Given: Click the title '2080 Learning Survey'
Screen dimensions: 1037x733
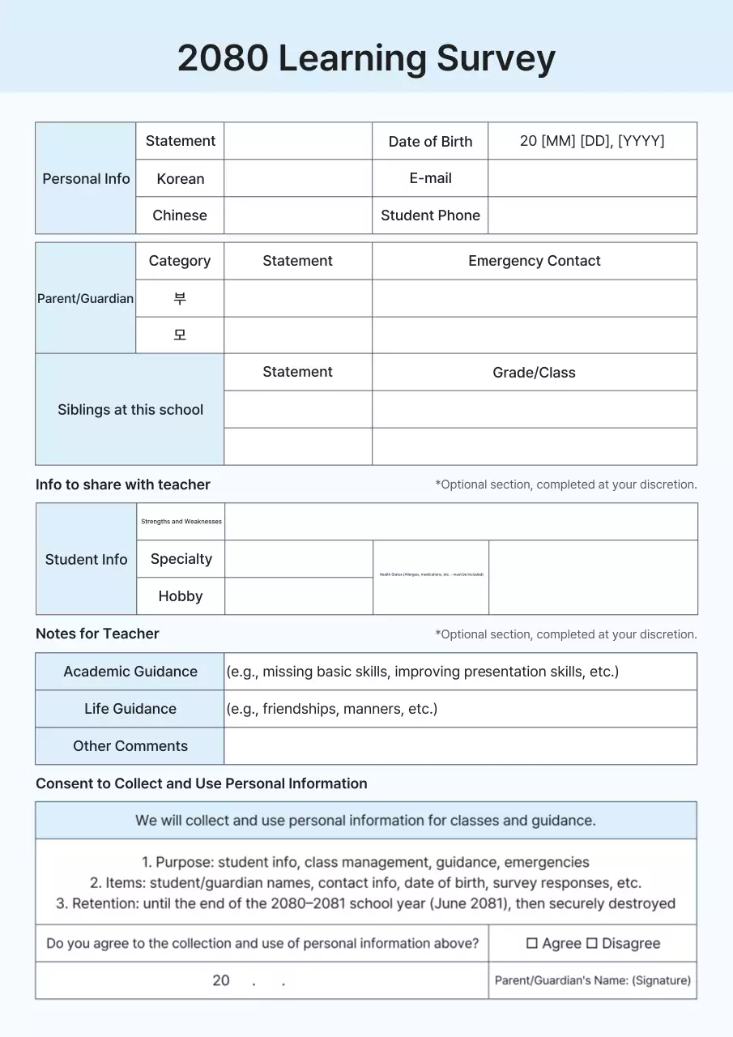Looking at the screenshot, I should pyautogui.click(x=366, y=58).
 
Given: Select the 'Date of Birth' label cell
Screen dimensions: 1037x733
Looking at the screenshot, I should pyautogui.click(x=430, y=141).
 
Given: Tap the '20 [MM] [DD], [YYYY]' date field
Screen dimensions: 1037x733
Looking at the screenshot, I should pyautogui.click(x=591, y=141).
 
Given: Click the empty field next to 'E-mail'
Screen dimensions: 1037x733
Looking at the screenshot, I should pyautogui.click(x=591, y=178).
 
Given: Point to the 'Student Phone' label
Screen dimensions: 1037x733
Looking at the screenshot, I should pyautogui.click(x=430, y=216).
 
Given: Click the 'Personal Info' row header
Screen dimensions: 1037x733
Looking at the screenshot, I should pyautogui.click(x=86, y=178).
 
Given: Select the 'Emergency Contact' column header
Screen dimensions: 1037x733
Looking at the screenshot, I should pyautogui.click(x=534, y=261).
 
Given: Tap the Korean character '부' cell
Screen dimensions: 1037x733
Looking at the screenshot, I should pyautogui.click(x=180, y=298).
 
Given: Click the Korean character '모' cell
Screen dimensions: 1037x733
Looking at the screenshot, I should pyautogui.click(x=180, y=335).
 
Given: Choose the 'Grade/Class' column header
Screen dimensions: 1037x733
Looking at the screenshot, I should pyautogui.click(x=534, y=373).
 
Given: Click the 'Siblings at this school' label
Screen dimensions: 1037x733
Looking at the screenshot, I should pyautogui.click(x=130, y=409).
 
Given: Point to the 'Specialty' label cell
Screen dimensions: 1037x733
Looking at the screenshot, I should pyautogui.click(x=181, y=559).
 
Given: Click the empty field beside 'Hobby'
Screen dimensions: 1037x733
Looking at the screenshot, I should pyautogui.click(x=298, y=596).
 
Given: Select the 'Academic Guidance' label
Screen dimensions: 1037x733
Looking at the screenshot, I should pyautogui.click(x=130, y=672).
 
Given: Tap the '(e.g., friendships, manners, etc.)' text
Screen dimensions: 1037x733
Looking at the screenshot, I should pyautogui.click(x=332, y=709).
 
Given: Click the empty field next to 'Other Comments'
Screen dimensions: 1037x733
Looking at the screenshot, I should pyautogui.click(x=460, y=746).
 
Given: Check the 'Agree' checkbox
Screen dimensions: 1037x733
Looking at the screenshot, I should pyautogui.click(x=532, y=944).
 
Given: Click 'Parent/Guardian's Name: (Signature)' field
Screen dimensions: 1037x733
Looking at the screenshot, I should pyautogui.click(x=592, y=980).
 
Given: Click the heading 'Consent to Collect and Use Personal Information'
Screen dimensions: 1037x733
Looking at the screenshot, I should pyautogui.click(x=201, y=783).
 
